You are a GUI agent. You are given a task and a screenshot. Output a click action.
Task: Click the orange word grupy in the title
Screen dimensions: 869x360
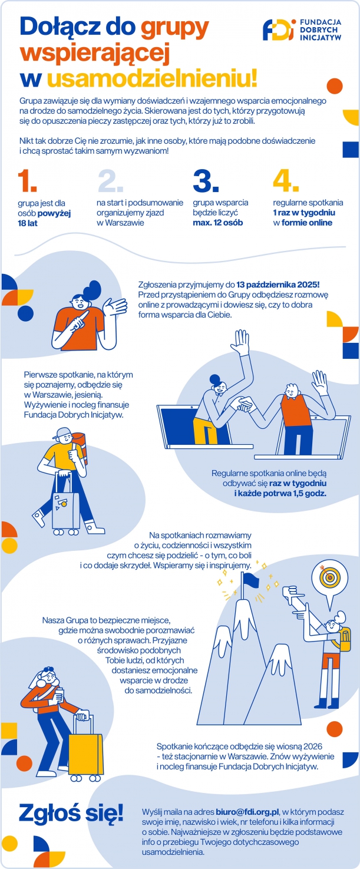(174, 27)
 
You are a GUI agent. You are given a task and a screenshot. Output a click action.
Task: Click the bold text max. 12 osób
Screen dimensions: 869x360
(217, 223)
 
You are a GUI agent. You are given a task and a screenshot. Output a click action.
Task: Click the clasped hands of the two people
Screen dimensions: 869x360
(245, 404)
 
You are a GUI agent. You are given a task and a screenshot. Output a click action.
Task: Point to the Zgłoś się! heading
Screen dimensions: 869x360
(71, 814)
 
